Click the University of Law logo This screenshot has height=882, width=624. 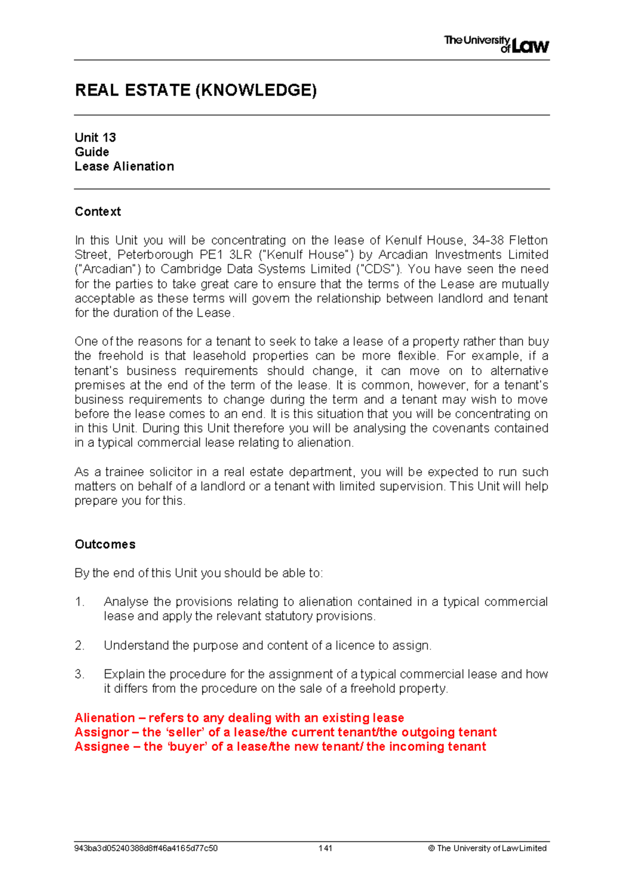coord(496,44)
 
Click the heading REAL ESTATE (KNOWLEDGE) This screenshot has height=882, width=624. coord(196,90)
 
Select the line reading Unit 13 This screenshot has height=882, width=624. coord(95,138)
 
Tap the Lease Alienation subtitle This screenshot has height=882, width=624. coord(124,166)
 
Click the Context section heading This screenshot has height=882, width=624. coord(98,212)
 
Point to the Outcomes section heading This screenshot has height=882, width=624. coord(105,544)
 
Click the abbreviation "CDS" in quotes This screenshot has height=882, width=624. coord(378,269)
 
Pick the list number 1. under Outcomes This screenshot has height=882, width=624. coord(80,602)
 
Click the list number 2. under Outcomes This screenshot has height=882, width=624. coord(80,646)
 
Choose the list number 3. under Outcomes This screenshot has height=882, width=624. coord(80,675)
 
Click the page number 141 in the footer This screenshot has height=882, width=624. coord(326,848)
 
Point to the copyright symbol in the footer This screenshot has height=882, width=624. coord(431,848)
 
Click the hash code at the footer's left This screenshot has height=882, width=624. coord(146,848)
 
